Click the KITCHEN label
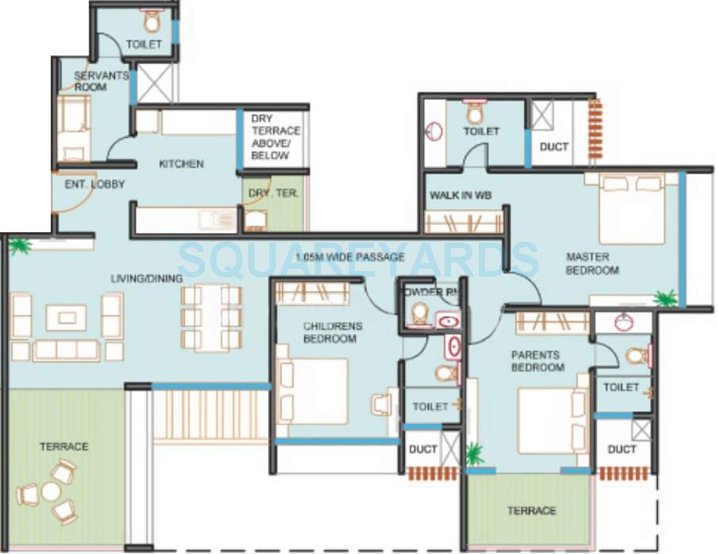click(181, 164)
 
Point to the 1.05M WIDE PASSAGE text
click(349, 257)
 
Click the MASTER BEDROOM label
click(592, 263)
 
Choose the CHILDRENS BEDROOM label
click(332, 332)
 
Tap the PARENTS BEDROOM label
click(537, 361)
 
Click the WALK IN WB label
click(456, 195)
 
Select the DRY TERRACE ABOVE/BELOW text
click(275, 137)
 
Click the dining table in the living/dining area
click(211, 317)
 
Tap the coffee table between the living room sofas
click(66, 318)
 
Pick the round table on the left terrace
click(51, 491)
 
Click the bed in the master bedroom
click(632, 209)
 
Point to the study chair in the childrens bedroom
click(382, 404)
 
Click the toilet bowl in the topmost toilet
click(152, 21)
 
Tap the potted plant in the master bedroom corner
click(666, 299)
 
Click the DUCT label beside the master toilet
click(553, 147)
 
